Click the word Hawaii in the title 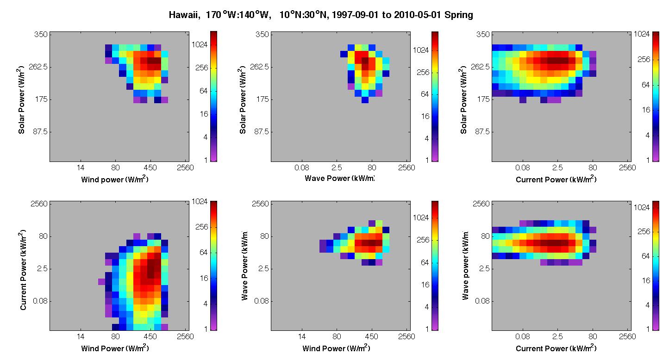tap(184, 15)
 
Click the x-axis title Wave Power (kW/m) tap(339, 178)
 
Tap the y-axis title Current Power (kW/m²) tap(23, 270)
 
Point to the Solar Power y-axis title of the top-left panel tap(21, 99)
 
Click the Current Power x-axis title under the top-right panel tap(556, 179)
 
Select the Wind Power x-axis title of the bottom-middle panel tap(336, 348)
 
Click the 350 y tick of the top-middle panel tap(262, 34)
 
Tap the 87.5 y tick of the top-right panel tap(482, 131)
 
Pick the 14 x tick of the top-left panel tap(81, 168)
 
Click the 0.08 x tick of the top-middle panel tap(302, 168)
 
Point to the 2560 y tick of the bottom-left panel tap(39, 204)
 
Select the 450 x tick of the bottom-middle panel tap(371, 337)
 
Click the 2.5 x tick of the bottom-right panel tap(557, 337)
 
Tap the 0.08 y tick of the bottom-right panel tap(482, 301)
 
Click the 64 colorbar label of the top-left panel tap(203, 91)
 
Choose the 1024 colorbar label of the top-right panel tap(642, 34)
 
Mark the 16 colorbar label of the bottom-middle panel tap(425, 285)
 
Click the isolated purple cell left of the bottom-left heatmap tap(101, 281)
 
